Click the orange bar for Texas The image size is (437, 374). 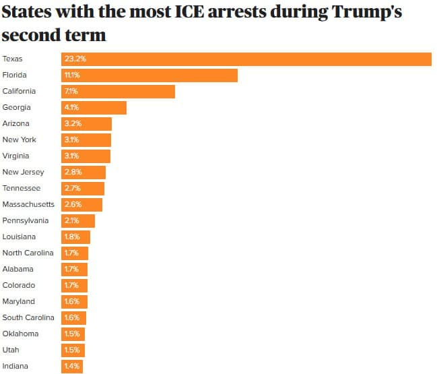246,59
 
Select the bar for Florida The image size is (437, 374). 149,75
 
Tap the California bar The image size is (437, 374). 118,92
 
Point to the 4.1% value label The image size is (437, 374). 71,108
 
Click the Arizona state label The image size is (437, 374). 16,124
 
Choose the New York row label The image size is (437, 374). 20,140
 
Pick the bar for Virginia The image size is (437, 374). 86,156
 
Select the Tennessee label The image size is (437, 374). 22,189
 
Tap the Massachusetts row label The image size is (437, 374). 28,205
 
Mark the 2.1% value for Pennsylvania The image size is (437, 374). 71,221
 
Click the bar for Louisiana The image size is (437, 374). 75,237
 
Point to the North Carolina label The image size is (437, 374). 27,253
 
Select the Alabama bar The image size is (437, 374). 74,270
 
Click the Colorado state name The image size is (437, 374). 19,286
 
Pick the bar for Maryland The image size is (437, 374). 74,302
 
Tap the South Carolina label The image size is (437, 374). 27,318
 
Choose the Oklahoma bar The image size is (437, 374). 73,334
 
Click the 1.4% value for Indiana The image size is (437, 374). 71,367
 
